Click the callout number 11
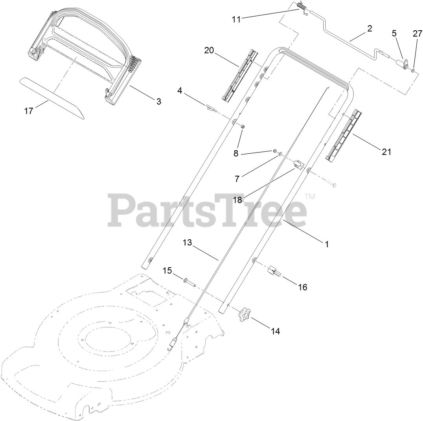(x=236, y=18)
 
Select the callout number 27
(x=417, y=34)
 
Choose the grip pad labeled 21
(x=344, y=135)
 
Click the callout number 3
(x=159, y=101)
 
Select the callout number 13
(x=187, y=243)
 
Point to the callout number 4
(x=180, y=91)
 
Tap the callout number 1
(x=326, y=244)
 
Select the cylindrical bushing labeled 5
(x=401, y=63)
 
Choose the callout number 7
(x=237, y=178)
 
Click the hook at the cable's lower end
(x=171, y=346)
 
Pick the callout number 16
(x=302, y=287)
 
